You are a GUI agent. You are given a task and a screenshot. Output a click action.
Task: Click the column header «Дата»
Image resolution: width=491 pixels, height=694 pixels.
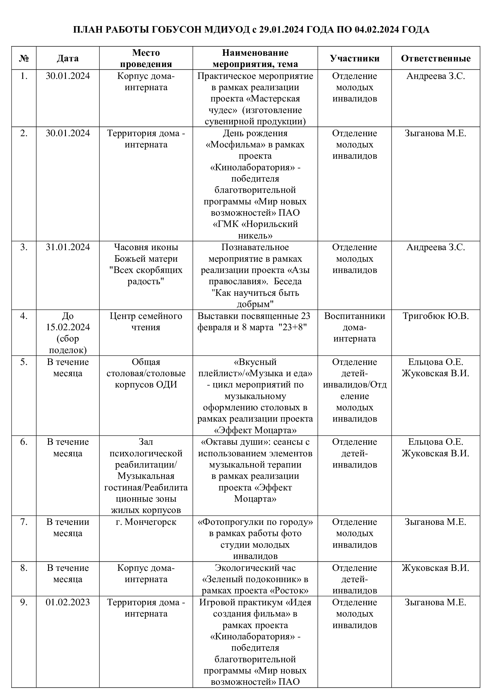pyautogui.click(x=68, y=58)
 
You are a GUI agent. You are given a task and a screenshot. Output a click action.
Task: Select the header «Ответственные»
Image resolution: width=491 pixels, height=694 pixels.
pyautogui.click(x=435, y=58)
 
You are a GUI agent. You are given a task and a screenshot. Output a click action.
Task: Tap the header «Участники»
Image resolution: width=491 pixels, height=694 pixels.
pyautogui.click(x=354, y=58)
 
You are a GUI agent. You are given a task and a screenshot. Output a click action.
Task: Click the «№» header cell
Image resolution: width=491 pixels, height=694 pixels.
pyautogui.click(x=24, y=58)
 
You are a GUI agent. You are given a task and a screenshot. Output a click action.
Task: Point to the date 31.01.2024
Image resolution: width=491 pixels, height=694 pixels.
pyautogui.click(x=68, y=247)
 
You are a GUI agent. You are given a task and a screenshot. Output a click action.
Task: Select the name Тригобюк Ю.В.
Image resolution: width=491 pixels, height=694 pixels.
pyautogui.click(x=435, y=316)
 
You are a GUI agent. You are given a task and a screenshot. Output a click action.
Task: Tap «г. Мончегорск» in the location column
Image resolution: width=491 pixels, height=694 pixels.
pyautogui.click(x=146, y=522)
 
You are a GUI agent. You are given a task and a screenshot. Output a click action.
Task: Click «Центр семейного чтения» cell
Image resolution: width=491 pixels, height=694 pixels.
pyautogui.click(x=146, y=321)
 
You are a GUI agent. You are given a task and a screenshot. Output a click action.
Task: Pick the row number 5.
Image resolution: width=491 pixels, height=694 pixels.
pyautogui.click(x=24, y=362)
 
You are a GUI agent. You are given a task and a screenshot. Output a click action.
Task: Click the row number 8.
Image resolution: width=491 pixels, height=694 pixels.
pyautogui.click(x=24, y=568)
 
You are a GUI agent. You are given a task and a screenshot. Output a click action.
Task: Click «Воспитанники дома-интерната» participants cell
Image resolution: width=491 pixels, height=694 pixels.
pyautogui.click(x=354, y=327)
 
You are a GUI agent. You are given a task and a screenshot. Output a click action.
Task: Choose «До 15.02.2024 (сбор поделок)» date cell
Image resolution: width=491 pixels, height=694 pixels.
pyautogui.click(x=68, y=333)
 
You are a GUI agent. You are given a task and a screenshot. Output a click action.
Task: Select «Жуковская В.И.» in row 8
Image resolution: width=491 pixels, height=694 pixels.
pyautogui.click(x=435, y=568)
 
